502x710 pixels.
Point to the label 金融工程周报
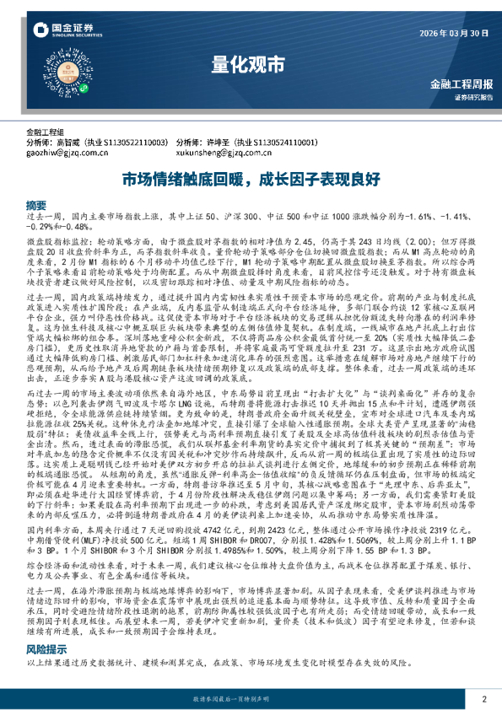pos(462,84)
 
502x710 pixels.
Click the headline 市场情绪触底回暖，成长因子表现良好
pos(251,180)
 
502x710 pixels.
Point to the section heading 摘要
pos(36,205)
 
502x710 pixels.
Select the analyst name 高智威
pos(68,143)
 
